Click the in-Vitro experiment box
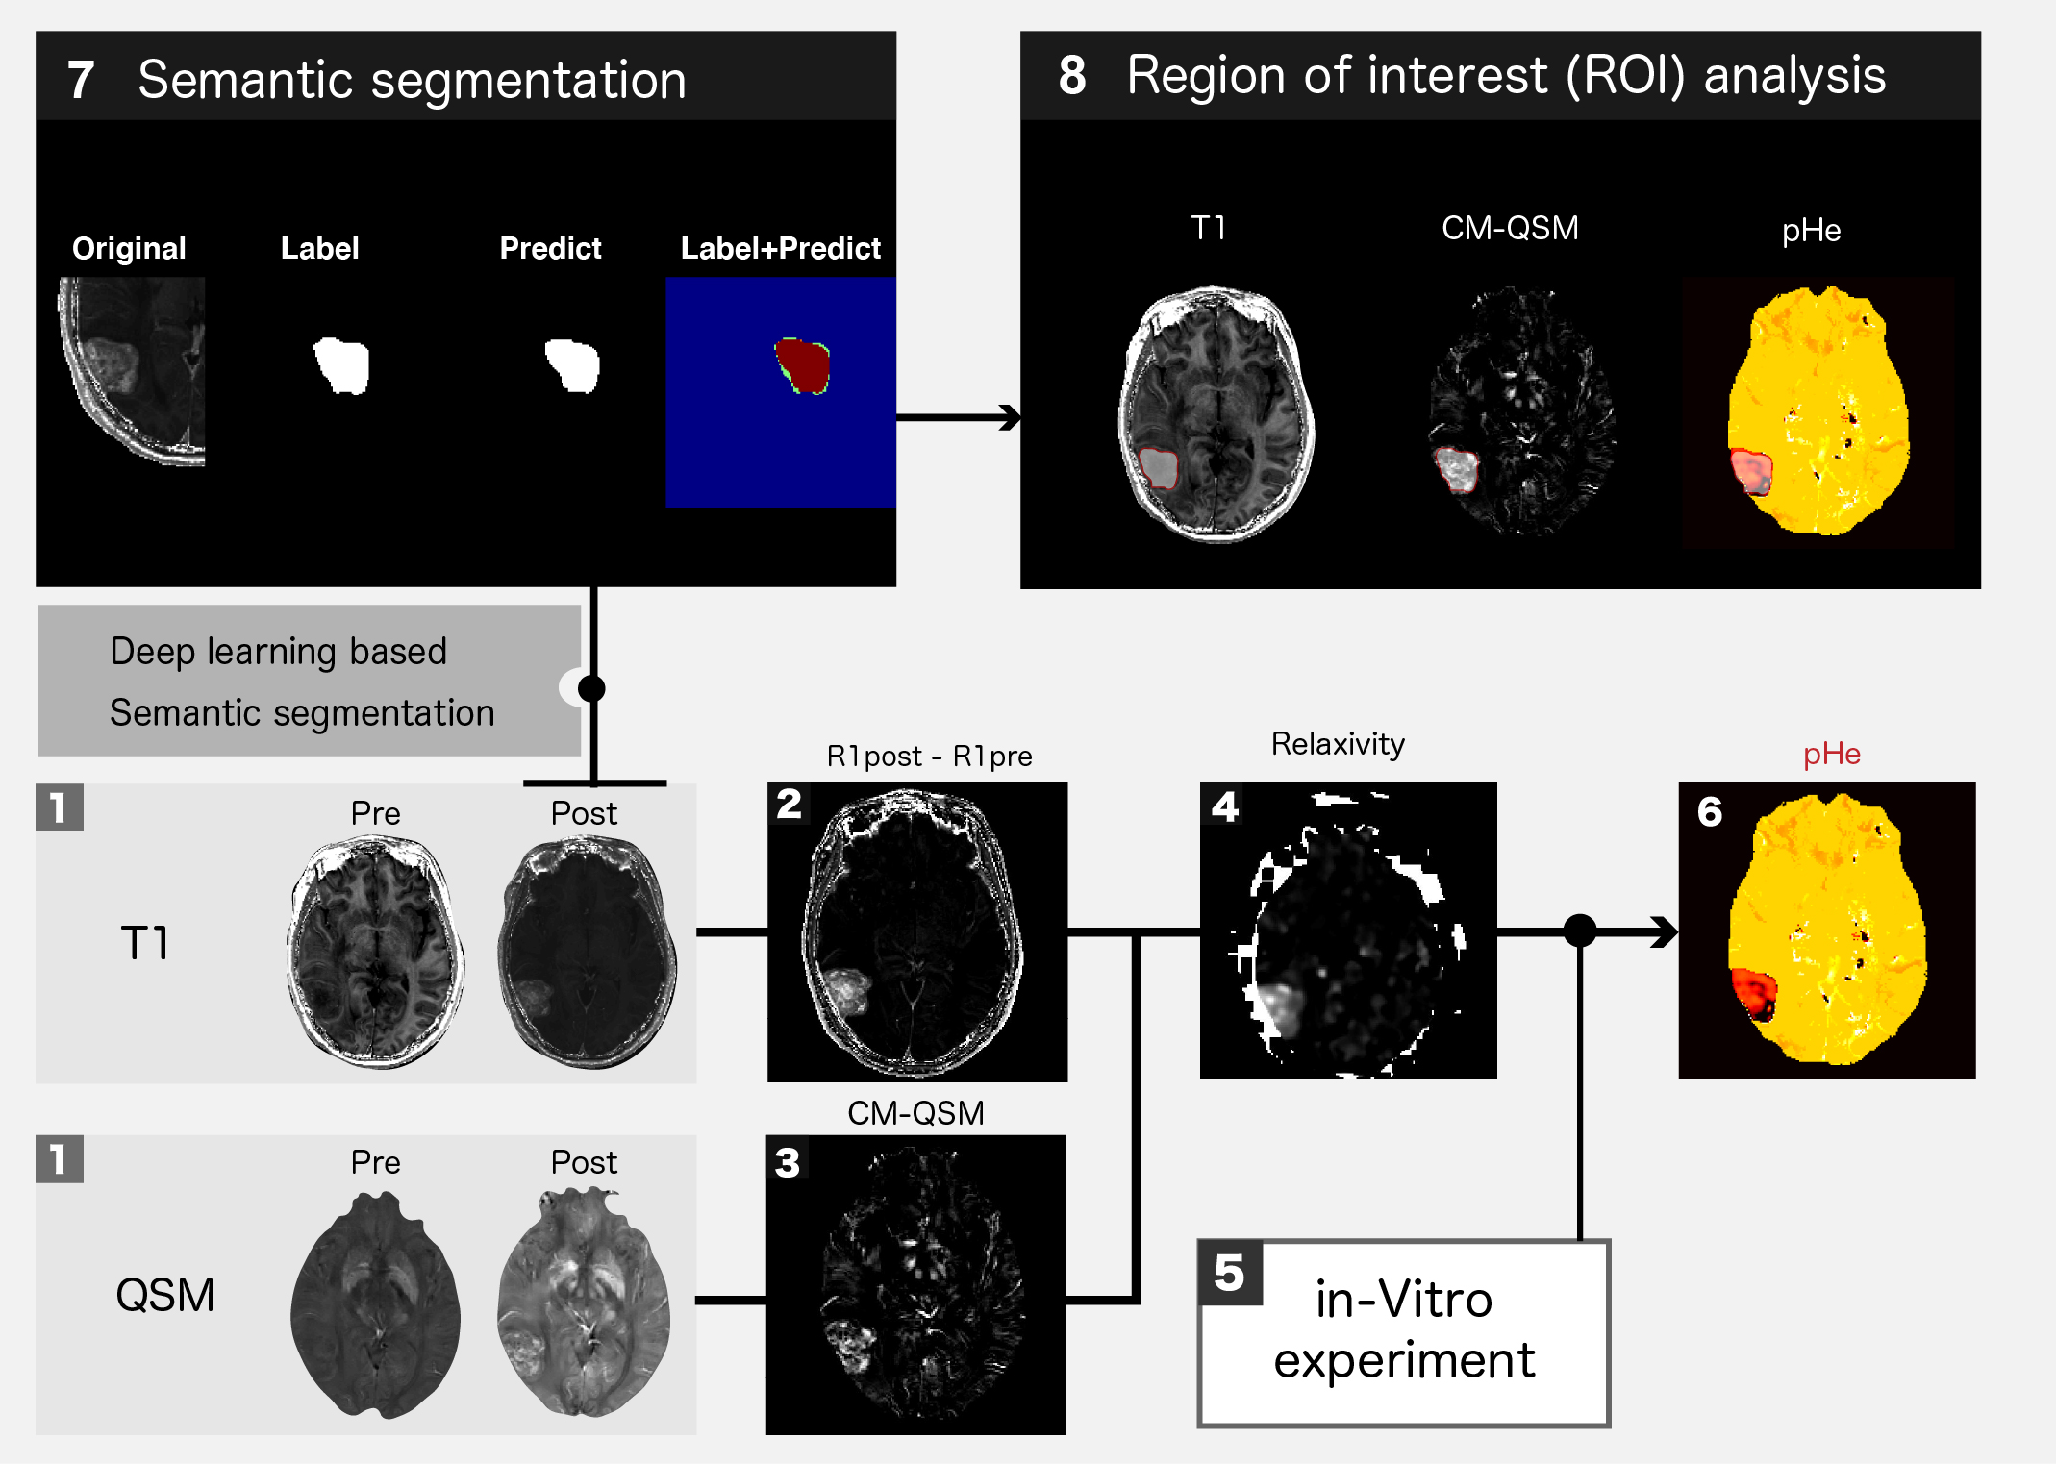pyautogui.click(x=1404, y=1332)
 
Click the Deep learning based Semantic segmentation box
pyautogui.click(x=308, y=681)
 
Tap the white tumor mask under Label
pyautogui.click(x=341, y=365)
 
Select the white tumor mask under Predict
pyautogui.click(x=572, y=365)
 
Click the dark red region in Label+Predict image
pyautogui.click(x=804, y=366)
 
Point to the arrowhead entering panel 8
pyautogui.click(x=1010, y=417)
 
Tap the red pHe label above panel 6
pyautogui.click(x=1831, y=755)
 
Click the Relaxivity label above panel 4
pyautogui.click(x=1338, y=744)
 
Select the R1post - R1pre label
pyautogui.click(x=929, y=757)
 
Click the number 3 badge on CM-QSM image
pyautogui.click(x=788, y=1163)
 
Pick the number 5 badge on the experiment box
pyautogui.click(x=1230, y=1273)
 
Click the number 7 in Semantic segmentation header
pyautogui.click(x=81, y=80)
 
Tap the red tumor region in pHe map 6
pyautogui.click(x=1753, y=992)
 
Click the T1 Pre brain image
pyautogui.click(x=375, y=952)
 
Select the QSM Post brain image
pyautogui.click(x=584, y=1303)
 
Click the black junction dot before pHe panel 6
pyautogui.click(x=1580, y=931)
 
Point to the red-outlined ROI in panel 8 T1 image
pyautogui.click(x=1159, y=468)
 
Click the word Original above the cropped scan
pyautogui.click(x=129, y=249)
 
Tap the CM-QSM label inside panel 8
pyautogui.click(x=1510, y=229)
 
